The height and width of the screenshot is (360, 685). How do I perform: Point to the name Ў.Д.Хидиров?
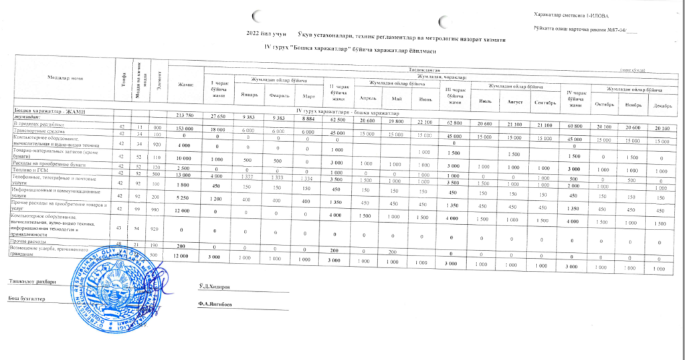pos(215,286)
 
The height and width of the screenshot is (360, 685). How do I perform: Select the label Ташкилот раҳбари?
pos(32,281)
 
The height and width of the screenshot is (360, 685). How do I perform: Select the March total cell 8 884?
pos(309,118)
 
